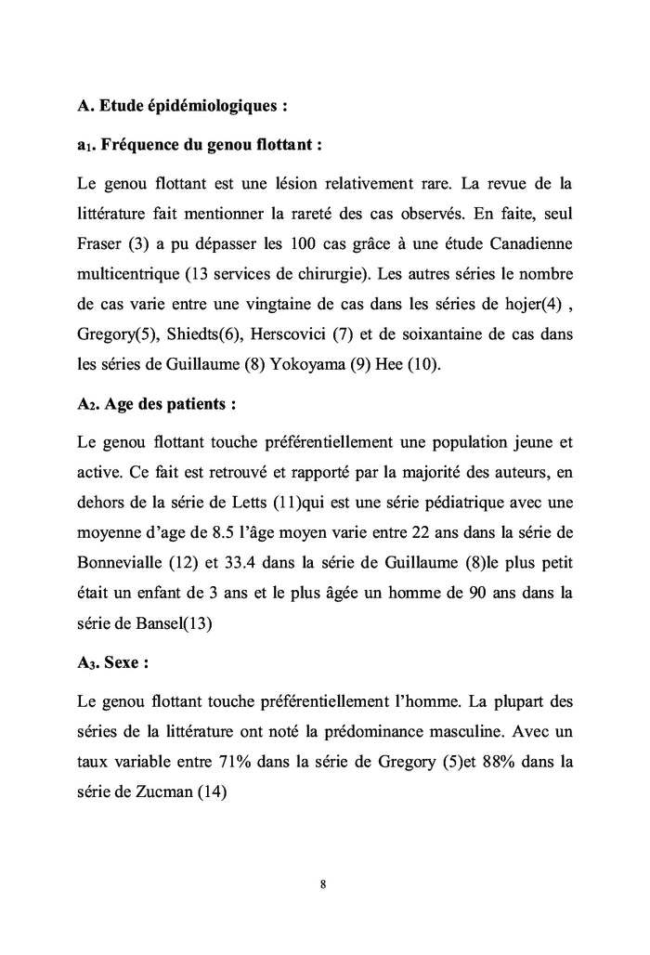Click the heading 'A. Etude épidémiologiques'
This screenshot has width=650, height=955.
(x=182, y=106)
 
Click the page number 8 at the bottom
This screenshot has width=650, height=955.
(x=322, y=883)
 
